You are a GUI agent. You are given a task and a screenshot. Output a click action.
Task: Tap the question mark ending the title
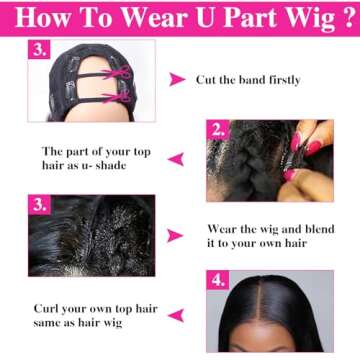(x=343, y=17)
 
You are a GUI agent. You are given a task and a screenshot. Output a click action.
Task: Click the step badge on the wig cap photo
(x=41, y=50)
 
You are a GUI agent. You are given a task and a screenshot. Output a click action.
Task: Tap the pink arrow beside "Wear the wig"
(x=176, y=235)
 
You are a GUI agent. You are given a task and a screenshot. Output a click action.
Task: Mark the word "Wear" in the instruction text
(x=223, y=228)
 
